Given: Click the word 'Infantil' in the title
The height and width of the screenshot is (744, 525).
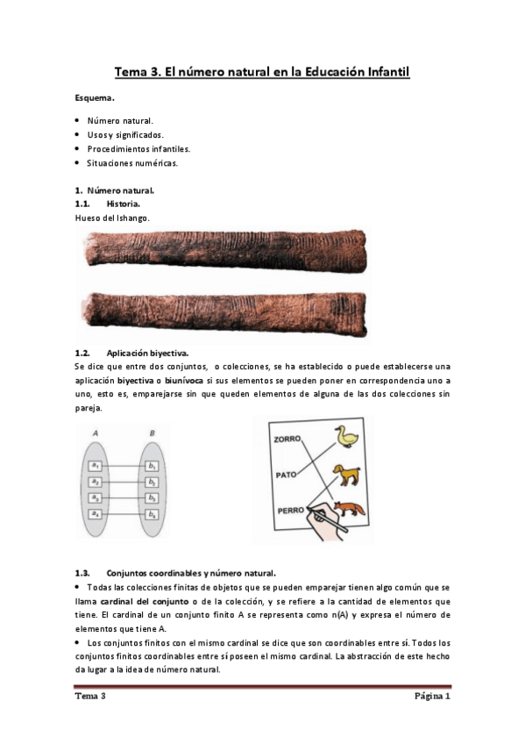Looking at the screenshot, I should coord(381,73).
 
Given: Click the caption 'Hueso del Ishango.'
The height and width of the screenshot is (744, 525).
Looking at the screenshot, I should coord(112,217).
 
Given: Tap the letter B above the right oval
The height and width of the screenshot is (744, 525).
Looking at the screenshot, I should coord(152,432).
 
